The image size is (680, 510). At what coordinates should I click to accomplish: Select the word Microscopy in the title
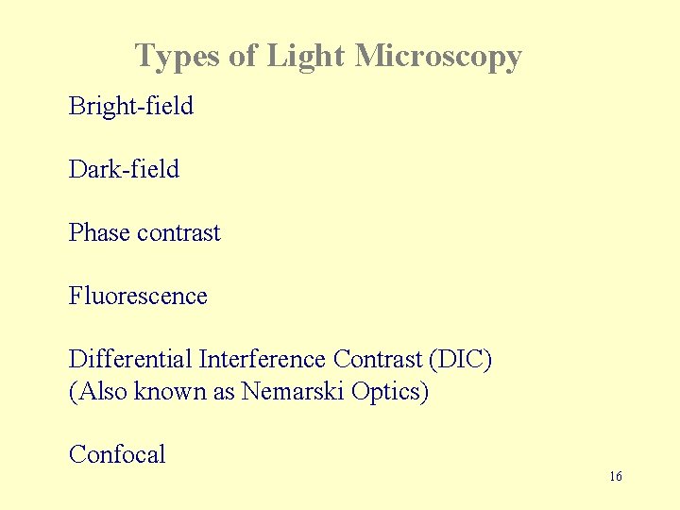(438, 57)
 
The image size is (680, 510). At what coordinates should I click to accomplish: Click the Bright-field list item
(131, 106)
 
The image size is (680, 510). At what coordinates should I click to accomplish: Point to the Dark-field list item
(124, 169)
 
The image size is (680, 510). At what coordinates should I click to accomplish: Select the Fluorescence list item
(138, 296)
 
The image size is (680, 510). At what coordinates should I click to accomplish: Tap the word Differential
(130, 360)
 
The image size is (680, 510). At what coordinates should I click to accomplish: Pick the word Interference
(263, 360)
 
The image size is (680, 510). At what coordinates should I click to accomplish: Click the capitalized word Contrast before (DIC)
(377, 360)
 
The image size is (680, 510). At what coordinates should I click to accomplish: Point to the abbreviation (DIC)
(460, 360)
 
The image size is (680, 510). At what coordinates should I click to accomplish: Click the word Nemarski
(293, 391)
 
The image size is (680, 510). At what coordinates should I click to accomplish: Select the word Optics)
(389, 391)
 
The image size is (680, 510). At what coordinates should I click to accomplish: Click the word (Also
(99, 391)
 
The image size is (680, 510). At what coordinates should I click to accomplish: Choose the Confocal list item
(117, 454)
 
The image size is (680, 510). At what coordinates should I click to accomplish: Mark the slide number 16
(615, 476)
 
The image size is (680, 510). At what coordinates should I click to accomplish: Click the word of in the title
(243, 57)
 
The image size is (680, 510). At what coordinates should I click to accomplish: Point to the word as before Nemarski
(224, 391)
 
